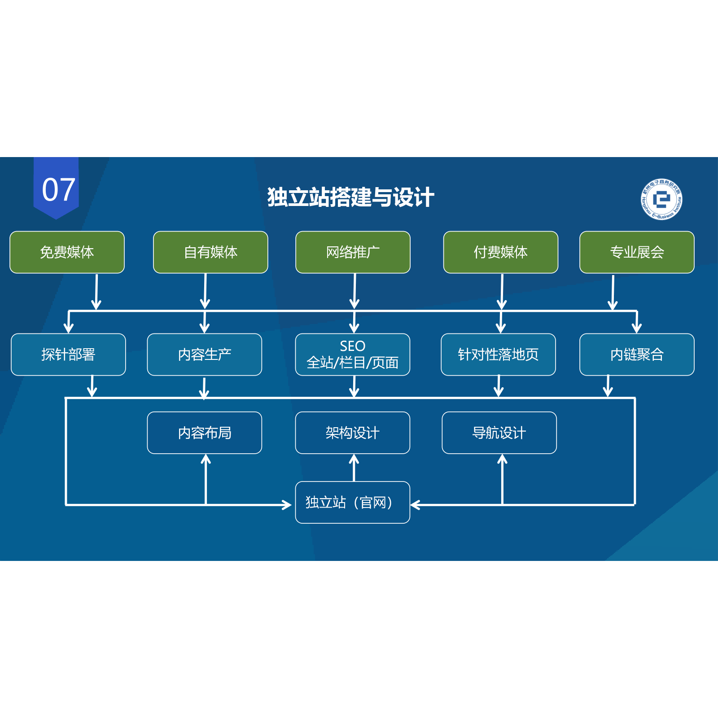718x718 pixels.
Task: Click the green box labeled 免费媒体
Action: (x=67, y=252)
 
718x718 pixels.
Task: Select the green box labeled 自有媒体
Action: (x=210, y=252)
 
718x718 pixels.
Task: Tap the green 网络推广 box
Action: (x=353, y=252)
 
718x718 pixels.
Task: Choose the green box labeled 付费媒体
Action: (x=500, y=252)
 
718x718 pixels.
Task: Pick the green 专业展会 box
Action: (x=637, y=252)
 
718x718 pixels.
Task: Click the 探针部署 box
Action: (x=68, y=355)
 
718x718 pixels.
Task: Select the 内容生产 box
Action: (x=204, y=355)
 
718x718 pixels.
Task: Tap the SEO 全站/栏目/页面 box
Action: (x=352, y=355)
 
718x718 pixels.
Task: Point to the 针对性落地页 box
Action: (x=498, y=355)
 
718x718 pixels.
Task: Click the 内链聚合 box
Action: (x=637, y=355)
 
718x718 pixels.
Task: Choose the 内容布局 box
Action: (x=204, y=433)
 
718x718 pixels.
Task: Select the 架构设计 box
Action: (x=352, y=433)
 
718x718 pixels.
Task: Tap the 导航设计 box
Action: (x=499, y=433)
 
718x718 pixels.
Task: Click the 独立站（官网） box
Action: (x=352, y=502)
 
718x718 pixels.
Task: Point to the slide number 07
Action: (x=58, y=189)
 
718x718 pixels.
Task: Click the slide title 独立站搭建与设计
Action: (x=350, y=197)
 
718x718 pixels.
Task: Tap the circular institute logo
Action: (x=661, y=199)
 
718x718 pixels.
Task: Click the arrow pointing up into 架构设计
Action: (x=354, y=467)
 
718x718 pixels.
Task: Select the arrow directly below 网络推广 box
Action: (x=355, y=291)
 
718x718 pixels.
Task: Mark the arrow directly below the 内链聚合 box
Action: (x=608, y=386)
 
